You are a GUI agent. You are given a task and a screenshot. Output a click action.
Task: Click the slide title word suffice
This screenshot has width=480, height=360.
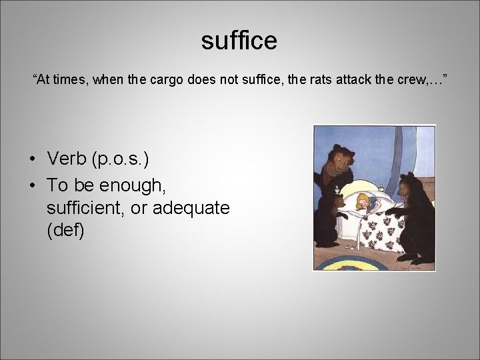coord(239,41)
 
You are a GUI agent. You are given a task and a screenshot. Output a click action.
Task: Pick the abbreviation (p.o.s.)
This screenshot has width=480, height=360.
coord(122,159)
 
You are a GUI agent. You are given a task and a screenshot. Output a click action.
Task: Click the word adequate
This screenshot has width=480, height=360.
coord(191,208)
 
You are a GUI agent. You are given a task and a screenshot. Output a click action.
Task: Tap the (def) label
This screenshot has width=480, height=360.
coord(65,232)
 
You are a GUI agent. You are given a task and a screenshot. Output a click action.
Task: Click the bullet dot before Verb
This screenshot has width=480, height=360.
coord(32,159)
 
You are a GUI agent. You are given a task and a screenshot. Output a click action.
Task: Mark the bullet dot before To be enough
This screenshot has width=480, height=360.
coord(32,184)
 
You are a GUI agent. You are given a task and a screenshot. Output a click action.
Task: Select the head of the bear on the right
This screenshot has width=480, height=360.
coord(408,187)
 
